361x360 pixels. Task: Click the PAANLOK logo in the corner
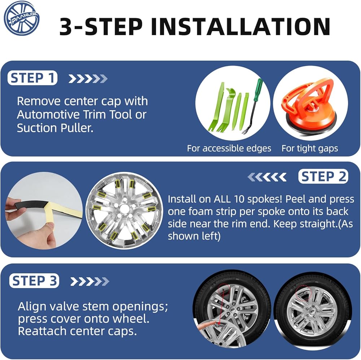[x=22, y=18]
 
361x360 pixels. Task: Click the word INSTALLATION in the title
[x=240, y=27]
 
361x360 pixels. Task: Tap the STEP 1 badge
[x=32, y=78]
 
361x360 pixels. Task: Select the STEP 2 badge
[x=323, y=176]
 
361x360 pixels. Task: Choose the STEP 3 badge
[x=34, y=281]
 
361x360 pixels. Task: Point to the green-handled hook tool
[x=252, y=106]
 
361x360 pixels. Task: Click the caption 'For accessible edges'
[x=229, y=148]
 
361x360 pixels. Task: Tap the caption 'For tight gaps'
[x=310, y=148]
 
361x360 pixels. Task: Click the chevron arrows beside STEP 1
[x=88, y=79]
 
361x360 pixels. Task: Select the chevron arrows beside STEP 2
[x=267, y=177]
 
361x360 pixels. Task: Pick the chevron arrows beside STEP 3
[x=90, y=281]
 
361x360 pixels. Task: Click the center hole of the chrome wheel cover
[x=125, y=208]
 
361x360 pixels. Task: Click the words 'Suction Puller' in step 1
[x=55, y=128]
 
